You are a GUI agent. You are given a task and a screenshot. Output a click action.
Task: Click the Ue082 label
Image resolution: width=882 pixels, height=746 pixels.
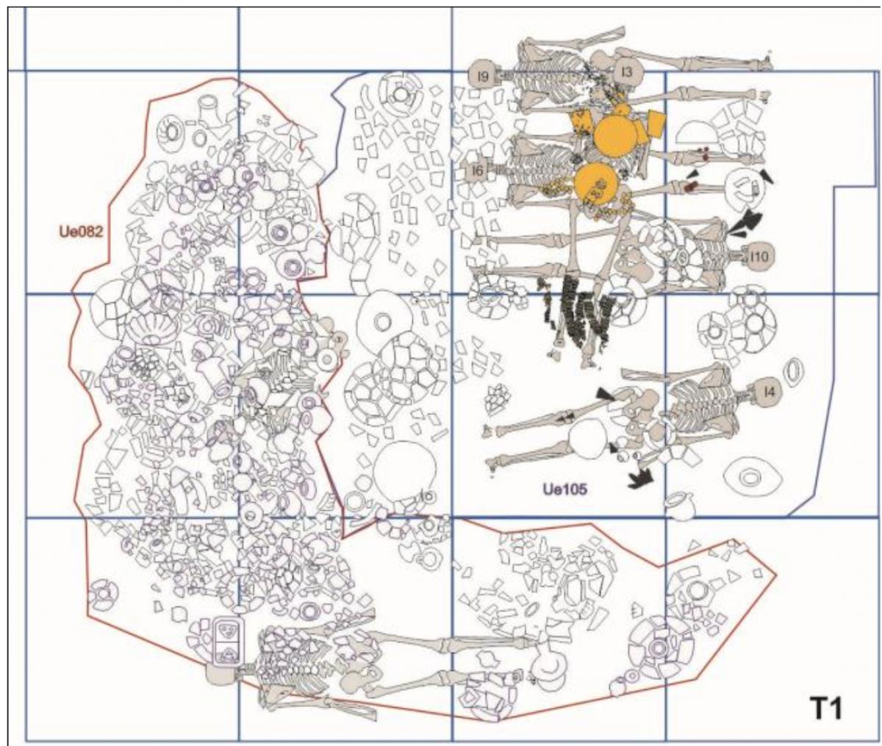coord(81,232)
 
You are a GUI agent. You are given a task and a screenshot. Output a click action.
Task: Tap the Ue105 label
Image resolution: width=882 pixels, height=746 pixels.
coord(565,489)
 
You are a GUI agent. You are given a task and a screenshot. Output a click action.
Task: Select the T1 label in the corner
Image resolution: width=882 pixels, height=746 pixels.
coord(825,709)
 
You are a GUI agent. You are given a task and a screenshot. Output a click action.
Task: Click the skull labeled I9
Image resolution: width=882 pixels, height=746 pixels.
coord(484,76)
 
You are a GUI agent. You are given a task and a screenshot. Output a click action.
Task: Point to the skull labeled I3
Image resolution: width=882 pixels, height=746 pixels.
coord(626,73)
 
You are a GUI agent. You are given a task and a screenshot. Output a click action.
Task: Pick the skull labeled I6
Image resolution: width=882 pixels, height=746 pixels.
coord(478,171)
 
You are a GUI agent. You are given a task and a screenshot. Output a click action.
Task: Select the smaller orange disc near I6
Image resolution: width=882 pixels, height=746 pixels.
coord(596,184)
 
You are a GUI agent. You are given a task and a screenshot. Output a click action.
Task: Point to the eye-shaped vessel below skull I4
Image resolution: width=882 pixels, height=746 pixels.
coord(753,478)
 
